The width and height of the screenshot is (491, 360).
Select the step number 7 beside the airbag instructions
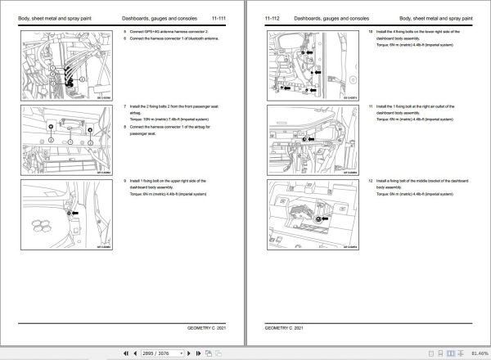click(125, 107)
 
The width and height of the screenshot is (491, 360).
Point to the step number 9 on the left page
click(125, 180)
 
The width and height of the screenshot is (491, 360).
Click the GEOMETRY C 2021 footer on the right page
click(284, 327)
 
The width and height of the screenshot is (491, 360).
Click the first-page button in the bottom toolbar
click(125, 353)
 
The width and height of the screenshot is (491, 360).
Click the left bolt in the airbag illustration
click(52, 127)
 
